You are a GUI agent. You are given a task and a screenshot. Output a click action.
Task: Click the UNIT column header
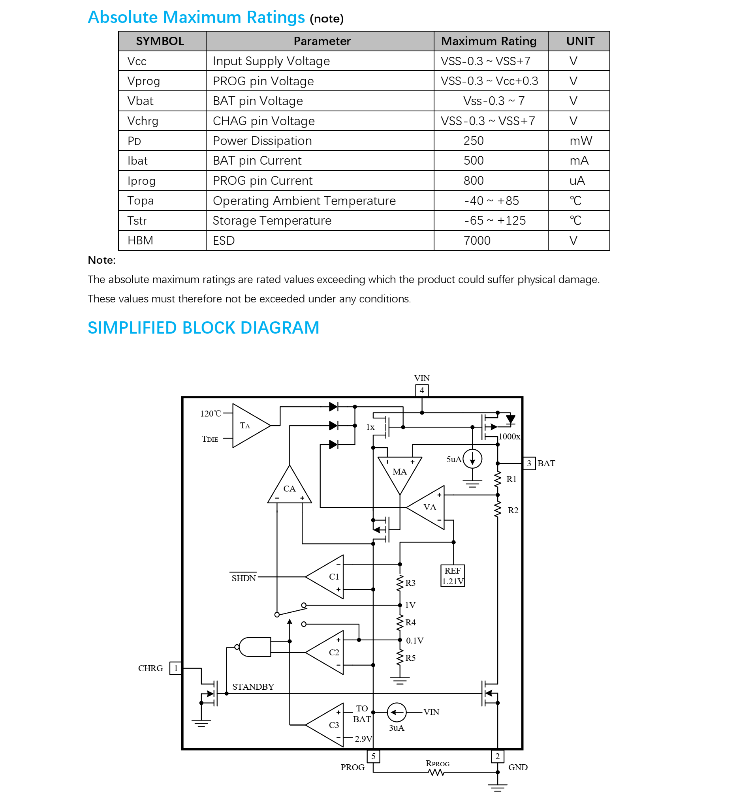tap(580, 41)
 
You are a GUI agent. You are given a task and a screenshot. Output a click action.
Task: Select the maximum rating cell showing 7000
tap(477, 241)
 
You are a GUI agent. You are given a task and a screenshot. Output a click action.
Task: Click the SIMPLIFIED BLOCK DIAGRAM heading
tap(203, 328)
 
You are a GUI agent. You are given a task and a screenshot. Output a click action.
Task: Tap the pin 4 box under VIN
tap(422, 391)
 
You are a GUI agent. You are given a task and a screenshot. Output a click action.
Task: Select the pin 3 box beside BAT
tap(529, 464)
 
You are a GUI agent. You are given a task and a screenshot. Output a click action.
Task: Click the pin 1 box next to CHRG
tap(175, 668)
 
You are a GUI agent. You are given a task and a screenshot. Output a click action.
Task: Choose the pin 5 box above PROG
tap(373, 756)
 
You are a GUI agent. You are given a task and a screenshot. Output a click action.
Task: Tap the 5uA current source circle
tap(472, 459)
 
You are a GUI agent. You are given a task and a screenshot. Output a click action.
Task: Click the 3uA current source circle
tap(397, 712)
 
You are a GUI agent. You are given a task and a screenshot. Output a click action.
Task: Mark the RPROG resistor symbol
tap(436, 773)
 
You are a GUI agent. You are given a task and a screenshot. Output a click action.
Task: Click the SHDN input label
tap(244, 578)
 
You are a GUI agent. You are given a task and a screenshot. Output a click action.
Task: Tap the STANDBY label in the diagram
tap(253, 687)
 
